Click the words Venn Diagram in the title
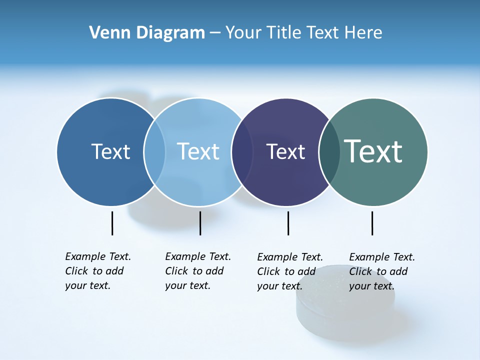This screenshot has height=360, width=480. coord(147,33)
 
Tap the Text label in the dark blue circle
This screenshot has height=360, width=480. coord(110,151)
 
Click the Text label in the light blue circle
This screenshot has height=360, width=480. coord(198,151)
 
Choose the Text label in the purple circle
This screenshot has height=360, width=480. coord(285,151)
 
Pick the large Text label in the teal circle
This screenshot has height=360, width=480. coord(373,151)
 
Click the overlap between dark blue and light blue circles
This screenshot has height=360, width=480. coord(154,151)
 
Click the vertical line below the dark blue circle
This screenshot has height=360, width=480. coord(112,223)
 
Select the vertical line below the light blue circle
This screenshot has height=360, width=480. coord(200,223)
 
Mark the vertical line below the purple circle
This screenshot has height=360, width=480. coord(288,223)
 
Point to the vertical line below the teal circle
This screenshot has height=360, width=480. coord(372,223)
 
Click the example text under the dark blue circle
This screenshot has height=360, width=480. coord(97,271)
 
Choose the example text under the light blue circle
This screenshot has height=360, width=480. coord(197,271)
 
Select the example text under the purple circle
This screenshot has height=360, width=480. coord(289,271)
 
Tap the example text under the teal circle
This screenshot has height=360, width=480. coord(381,271)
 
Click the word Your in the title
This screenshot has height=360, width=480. coord(245,33)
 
